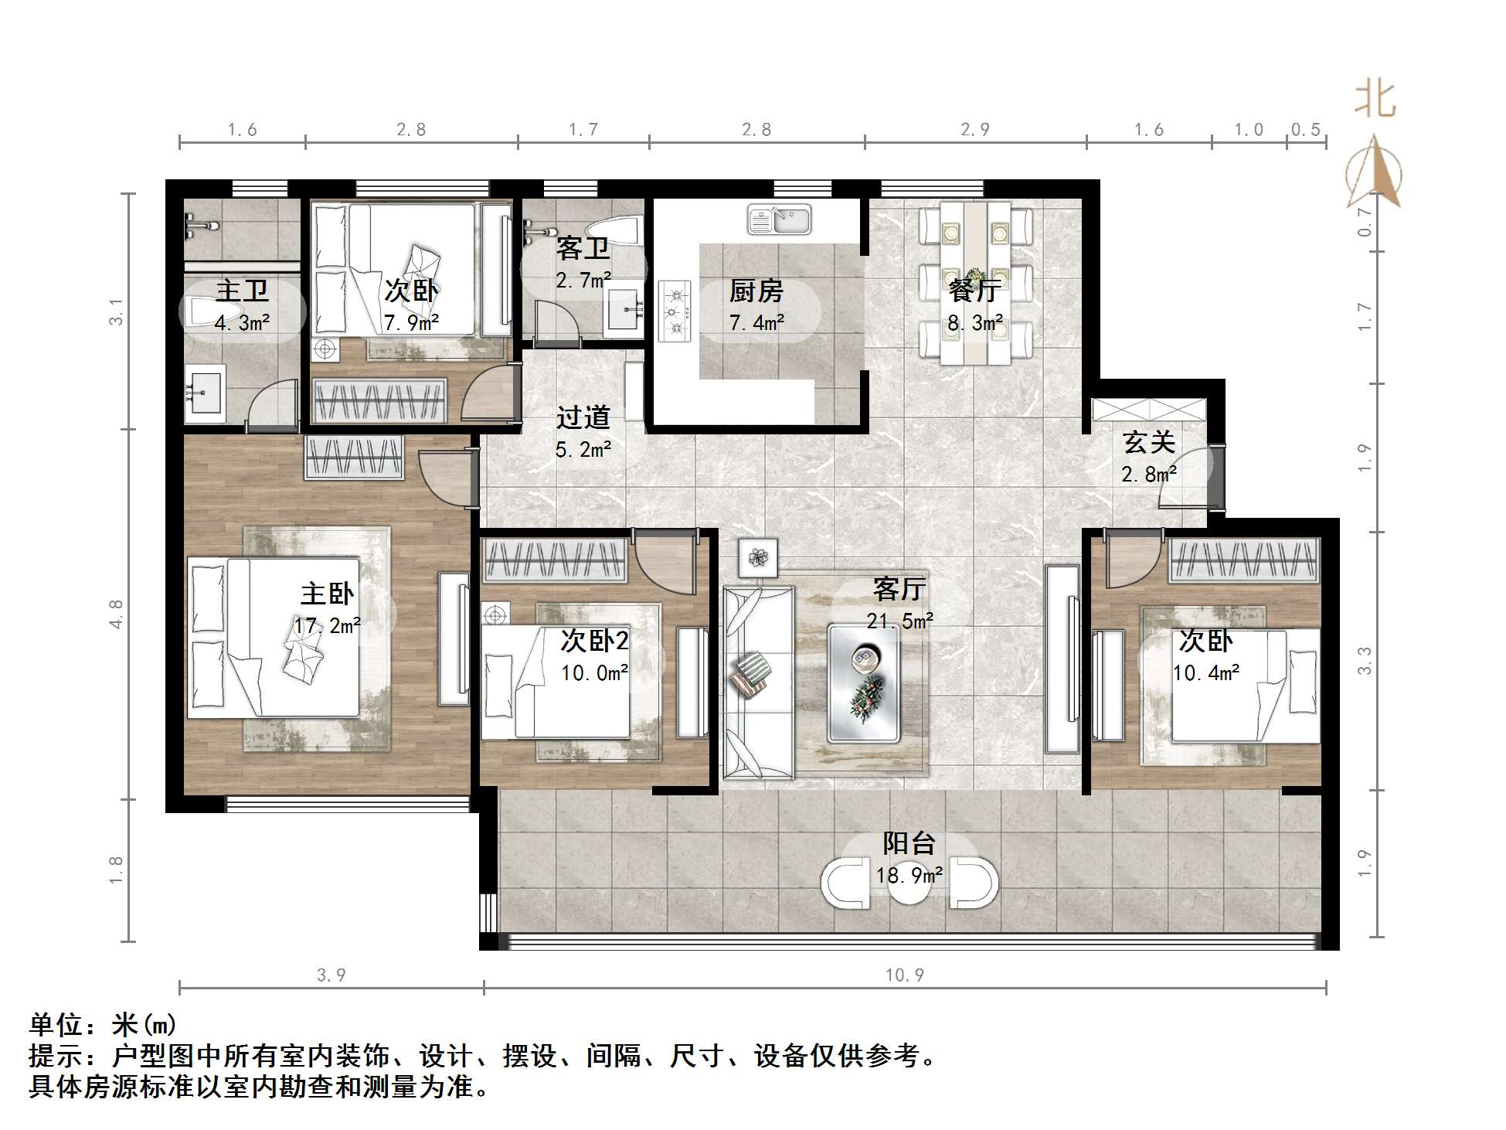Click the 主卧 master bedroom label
point(327,594)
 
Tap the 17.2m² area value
point(327,625)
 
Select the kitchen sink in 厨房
point(779,220)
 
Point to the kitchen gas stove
point(675,311)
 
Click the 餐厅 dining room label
point(975,291)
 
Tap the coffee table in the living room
point(864,683)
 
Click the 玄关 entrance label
point(1149,442)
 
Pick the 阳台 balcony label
point(909,842)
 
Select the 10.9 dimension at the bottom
point(904,975)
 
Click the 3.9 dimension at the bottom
point(331,975)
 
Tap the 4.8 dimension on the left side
point(116,614)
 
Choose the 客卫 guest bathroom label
point(583,248)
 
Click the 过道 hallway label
point(583,417)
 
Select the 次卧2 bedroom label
point(594,641)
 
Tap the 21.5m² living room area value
point(899,621)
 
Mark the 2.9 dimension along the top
point(975,130)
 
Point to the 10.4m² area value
point(1205,673)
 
